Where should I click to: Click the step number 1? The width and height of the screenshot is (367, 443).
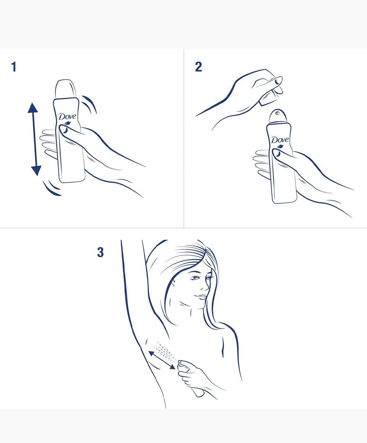[14, 67]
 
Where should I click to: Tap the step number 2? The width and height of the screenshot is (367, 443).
[198, 67]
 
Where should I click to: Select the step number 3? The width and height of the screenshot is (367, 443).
[100, 252]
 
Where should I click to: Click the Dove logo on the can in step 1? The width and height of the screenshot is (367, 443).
[68, 116]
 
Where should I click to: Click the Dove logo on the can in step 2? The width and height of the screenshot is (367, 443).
[280, 140]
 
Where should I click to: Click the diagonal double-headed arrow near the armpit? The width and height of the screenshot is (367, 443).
[162, 360]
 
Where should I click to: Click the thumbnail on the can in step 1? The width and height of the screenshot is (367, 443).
[64, 130]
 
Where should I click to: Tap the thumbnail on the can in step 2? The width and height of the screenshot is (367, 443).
[276, 153]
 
